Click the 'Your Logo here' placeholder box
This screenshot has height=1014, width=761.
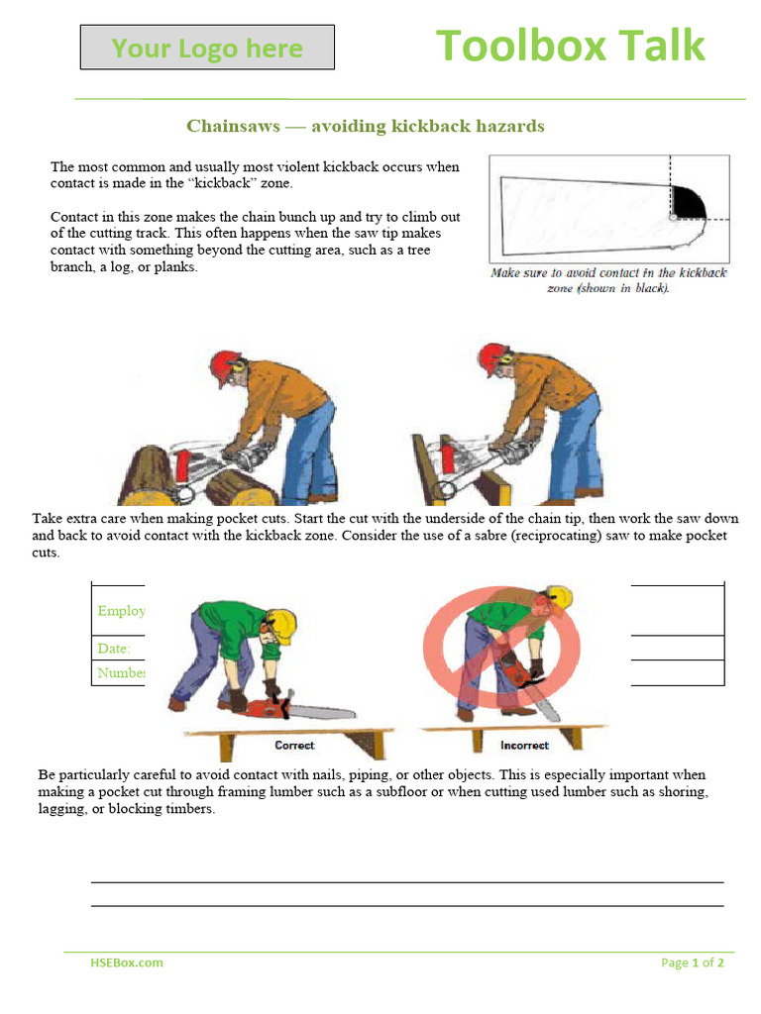coord(207,48)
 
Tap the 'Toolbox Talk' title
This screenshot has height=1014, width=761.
coord(570,46)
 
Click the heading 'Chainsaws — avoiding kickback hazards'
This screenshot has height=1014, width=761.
coord(366,126)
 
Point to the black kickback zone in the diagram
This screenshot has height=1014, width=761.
coord(688,203)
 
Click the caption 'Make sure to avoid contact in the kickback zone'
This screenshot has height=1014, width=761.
coord(608,279)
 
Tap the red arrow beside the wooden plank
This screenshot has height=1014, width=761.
coord(445,458)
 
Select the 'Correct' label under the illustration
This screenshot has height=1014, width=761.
coord(294,745)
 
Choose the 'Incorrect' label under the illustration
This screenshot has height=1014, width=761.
coord(524,745)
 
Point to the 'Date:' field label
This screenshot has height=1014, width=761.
coord(114,649)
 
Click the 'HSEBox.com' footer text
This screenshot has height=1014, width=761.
coord(127,962)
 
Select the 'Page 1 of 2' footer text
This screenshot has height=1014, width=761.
coord(693,963)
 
